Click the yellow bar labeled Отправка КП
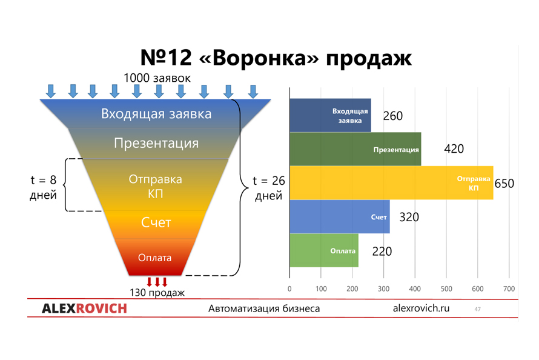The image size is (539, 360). pyautogui.click(x=391, y=183)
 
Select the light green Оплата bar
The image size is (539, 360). pyautogui.click(x=324, y=250)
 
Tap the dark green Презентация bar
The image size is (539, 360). pyautogui.click(x=355, y=149)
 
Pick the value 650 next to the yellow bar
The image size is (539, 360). pyautogui.click(x=504, y=184)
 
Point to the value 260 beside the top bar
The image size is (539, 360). pyautogui.click(x=393, y=116)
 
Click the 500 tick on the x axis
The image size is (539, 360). pyautogui.click(x=446, y=289)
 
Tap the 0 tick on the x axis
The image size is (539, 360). pyautogui.click(x=289, y=289)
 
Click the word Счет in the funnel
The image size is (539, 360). pyautogui.click(x=156, y=223)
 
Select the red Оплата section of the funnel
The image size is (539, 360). pyautogui.click(x=154, y=257)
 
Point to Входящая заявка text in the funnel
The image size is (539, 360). pyautogui.click(x=156, y=114)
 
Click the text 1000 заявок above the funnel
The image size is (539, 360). pyautogui.click(x=157, y=78)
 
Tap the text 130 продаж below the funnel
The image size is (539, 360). pyautogui.click(x=157, y=293)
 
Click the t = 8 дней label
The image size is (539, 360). pyautogui.click(x=44, y=187)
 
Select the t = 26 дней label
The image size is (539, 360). pyautogui.click(x=269, y=188)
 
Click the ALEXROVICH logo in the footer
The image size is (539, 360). pyautogui.click(x=85, y=308)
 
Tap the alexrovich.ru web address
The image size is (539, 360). pyautogui.click(x=421, y=308)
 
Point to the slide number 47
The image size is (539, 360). pyautogui.click(x=477, y=309)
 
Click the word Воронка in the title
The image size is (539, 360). pyautogui.click(x=259, y=58)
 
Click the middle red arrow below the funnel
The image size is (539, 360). pyautogui.click(x=157, y=282)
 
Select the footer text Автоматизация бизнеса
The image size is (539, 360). pyautogui.click(x=264, y=308)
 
